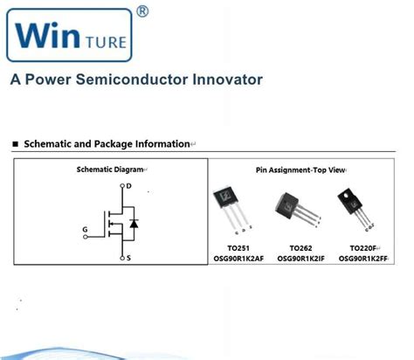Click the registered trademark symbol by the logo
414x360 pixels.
(142, 11)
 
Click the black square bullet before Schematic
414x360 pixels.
(17, 143)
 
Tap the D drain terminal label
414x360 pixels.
(128, 186)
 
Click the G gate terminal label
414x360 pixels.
(85, 231)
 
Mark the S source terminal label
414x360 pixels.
(128, 259)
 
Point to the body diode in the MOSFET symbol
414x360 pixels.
(133, 225)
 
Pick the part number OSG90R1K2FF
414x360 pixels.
(362, 259)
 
